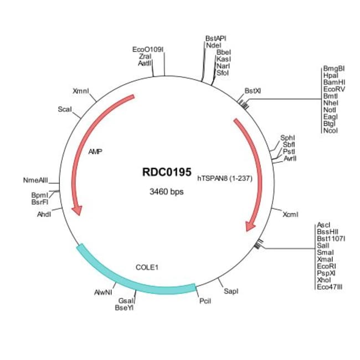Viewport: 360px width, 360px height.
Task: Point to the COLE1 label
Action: click(147, 267)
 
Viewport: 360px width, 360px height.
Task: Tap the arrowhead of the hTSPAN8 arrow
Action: click(251, 226)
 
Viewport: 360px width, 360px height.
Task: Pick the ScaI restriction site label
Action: click(65, 110)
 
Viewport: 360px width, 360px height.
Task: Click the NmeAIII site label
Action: click(36, 180)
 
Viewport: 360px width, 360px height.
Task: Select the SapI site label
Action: click(231, 291)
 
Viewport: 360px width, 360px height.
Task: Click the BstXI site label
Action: click(253, 90)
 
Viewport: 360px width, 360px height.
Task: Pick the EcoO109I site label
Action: click(148, 49)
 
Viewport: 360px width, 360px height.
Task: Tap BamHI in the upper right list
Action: click(334, 82)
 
